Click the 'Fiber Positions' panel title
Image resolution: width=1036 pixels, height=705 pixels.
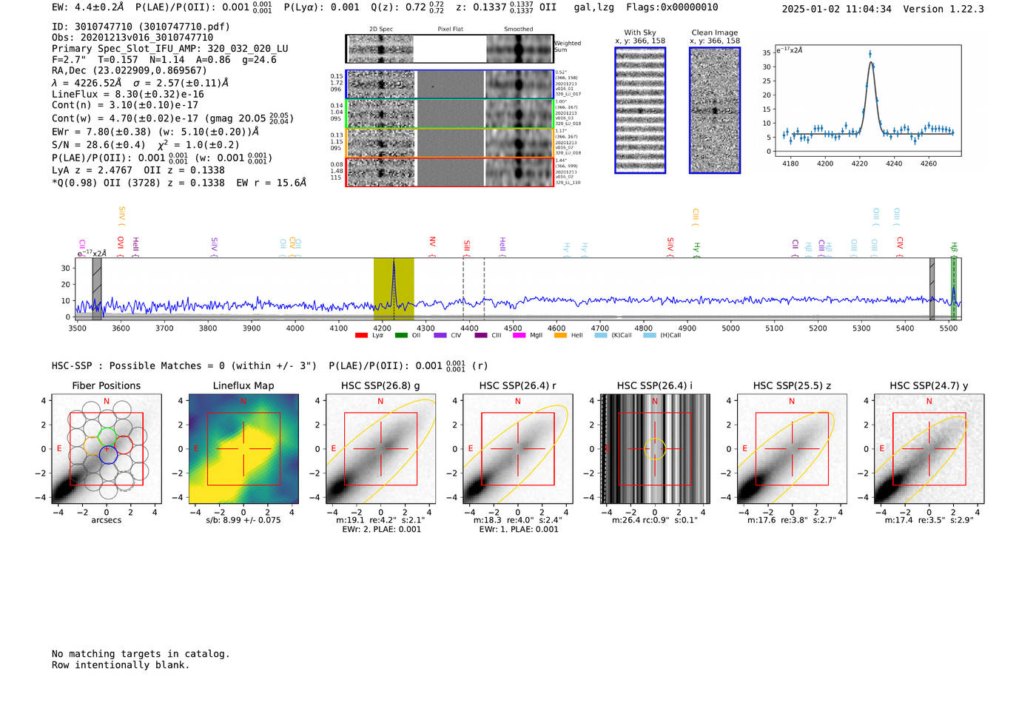pos(106,385)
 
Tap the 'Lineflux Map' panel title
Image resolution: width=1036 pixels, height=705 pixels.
pos(243,385)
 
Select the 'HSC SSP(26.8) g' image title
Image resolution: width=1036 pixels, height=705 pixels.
pos(380,385)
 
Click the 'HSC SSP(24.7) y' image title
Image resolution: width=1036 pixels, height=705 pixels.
pos(929,385)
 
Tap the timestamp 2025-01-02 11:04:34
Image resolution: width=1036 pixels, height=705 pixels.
pos(836,9)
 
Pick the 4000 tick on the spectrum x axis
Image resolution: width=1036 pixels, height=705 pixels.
pos(295,328)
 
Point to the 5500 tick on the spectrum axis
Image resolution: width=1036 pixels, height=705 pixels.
pos(949,328)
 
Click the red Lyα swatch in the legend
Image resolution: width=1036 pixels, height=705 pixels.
pos(361,336)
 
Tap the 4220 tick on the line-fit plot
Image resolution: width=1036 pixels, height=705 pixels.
pos(859,163)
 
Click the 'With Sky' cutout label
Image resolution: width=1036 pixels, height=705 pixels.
pos(640,33)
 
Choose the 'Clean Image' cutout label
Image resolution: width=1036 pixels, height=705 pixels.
pos(715,33)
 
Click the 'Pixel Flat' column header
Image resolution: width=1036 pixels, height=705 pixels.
pos(450,29)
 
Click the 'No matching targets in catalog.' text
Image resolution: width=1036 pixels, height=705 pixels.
pos(141,654)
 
